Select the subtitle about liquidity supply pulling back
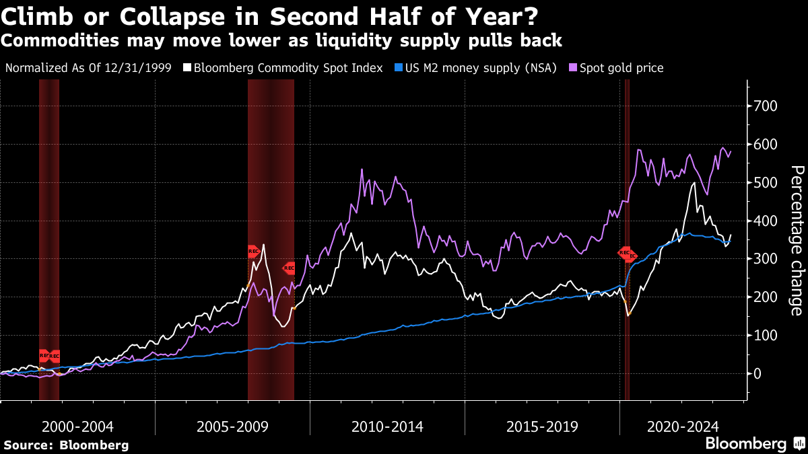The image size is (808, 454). tap(281, 40)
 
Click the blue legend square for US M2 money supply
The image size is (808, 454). tap(398, 68)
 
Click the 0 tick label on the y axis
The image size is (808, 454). tap(758, 373)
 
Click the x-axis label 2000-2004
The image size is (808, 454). tap(77, 426)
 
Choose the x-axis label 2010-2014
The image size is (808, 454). tap(387, 426)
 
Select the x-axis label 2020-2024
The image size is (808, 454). tap(682, 426)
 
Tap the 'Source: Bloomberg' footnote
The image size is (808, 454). tap(66, 445)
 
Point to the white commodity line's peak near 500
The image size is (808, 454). tap(694, 183)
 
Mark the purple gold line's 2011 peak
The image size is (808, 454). tap(362, 169)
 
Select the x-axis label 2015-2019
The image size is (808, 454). tap(542, 426)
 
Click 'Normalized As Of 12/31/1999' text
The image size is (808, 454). tap(88, 68)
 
